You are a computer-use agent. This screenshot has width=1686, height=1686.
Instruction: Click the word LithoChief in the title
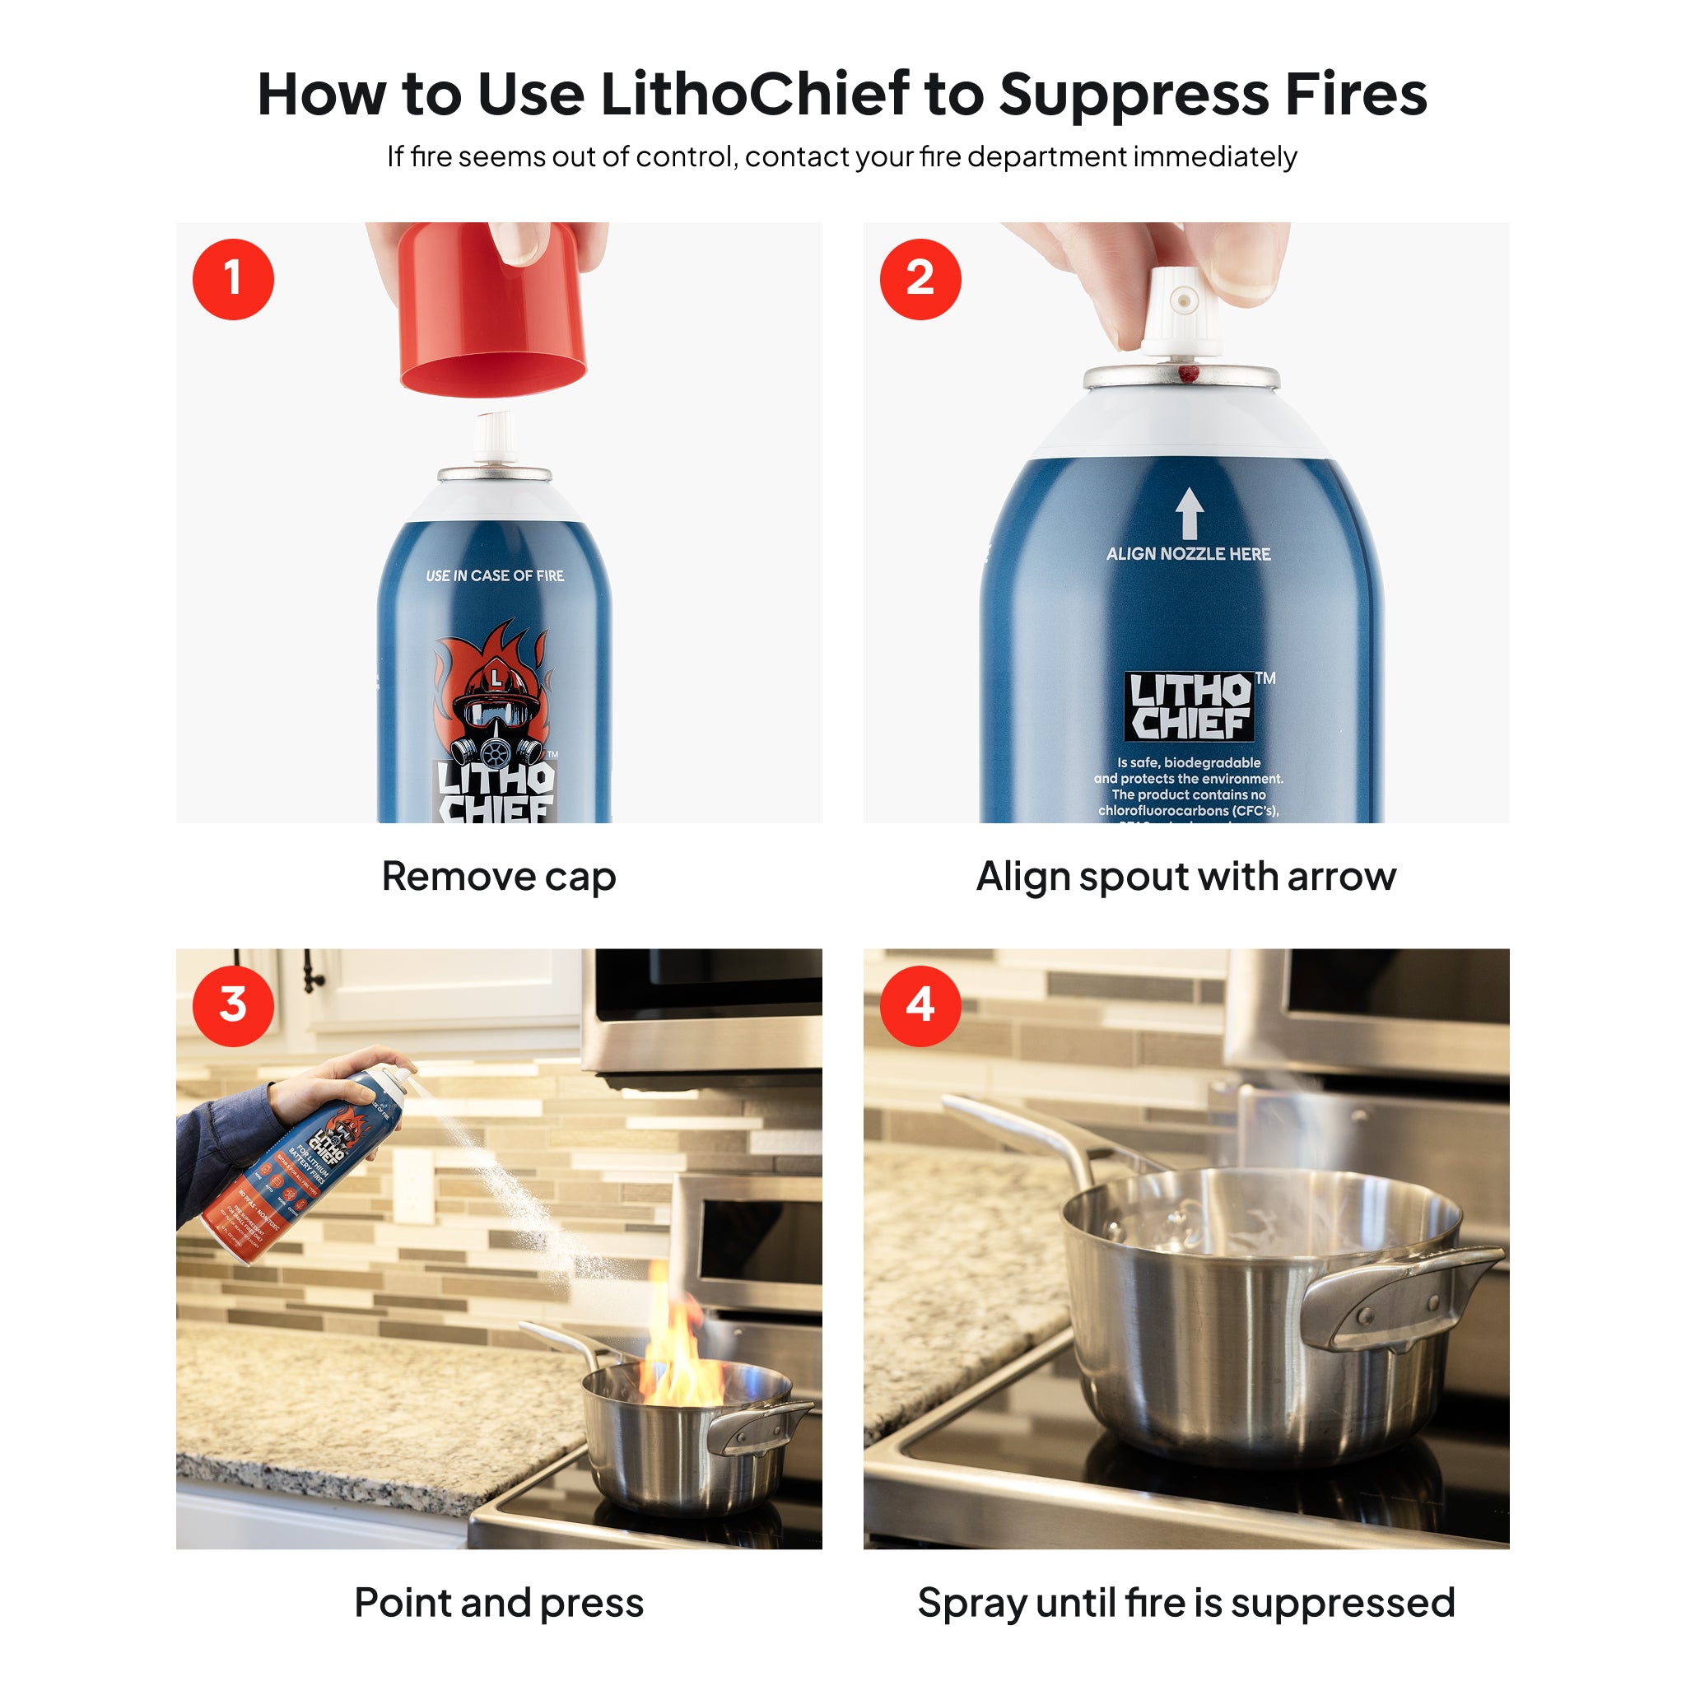pyautogui.click(x=756, y=94)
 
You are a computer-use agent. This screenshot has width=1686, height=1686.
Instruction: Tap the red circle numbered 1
pyautogui.click(x=233, y=279)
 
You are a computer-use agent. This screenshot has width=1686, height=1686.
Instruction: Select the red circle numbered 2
pyautogui.click(x=920, y=279)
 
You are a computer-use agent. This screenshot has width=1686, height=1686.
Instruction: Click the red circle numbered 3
pyautogui.click(x=233, y=1005)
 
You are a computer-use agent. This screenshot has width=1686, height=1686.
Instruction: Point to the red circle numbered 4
pyautogui.click(x=920, y=1005)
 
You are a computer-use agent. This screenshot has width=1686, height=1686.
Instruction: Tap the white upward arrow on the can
pyautogui.click(x=1189, y=512)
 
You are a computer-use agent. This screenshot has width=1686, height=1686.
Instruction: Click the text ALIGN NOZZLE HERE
pyautogui.click(x=1189, y=554)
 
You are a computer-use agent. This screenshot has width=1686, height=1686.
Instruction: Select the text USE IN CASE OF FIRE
pyautogui.click(x=495, y=576)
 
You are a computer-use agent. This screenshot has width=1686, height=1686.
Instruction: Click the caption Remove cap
pyautogui.click(x=498, y=876)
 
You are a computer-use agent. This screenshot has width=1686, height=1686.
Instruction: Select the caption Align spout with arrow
pyautogui.click(x=1186, y=876)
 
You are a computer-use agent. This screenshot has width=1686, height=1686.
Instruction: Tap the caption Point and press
pyautogui.click(x=498, y=1603)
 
